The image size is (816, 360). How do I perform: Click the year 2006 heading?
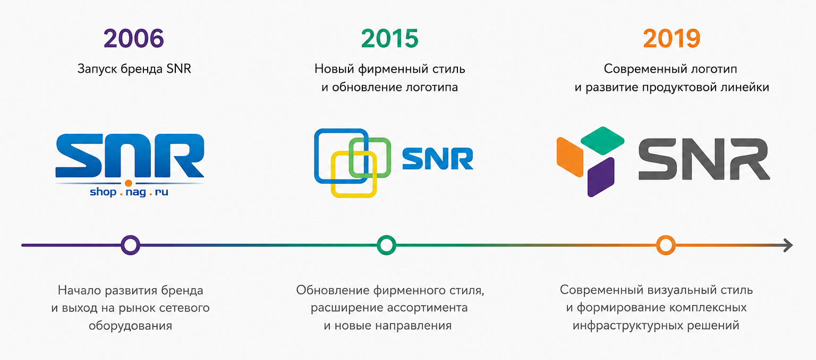point(134,39)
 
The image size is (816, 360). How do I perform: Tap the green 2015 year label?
point(390,39)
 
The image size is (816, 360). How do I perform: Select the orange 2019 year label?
point(671,39)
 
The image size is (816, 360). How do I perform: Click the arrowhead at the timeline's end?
point(788,245)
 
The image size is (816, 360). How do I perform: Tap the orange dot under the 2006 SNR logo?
point(128,183)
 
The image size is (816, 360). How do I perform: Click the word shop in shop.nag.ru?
point(103,192)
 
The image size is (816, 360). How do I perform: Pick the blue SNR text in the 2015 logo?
point(438,159)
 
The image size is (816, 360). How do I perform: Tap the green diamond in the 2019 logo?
point(602,141)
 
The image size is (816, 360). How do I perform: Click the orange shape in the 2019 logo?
point(569,157)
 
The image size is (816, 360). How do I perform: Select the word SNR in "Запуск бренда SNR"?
point(178,69)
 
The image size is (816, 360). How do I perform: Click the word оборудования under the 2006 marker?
point(130,325)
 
